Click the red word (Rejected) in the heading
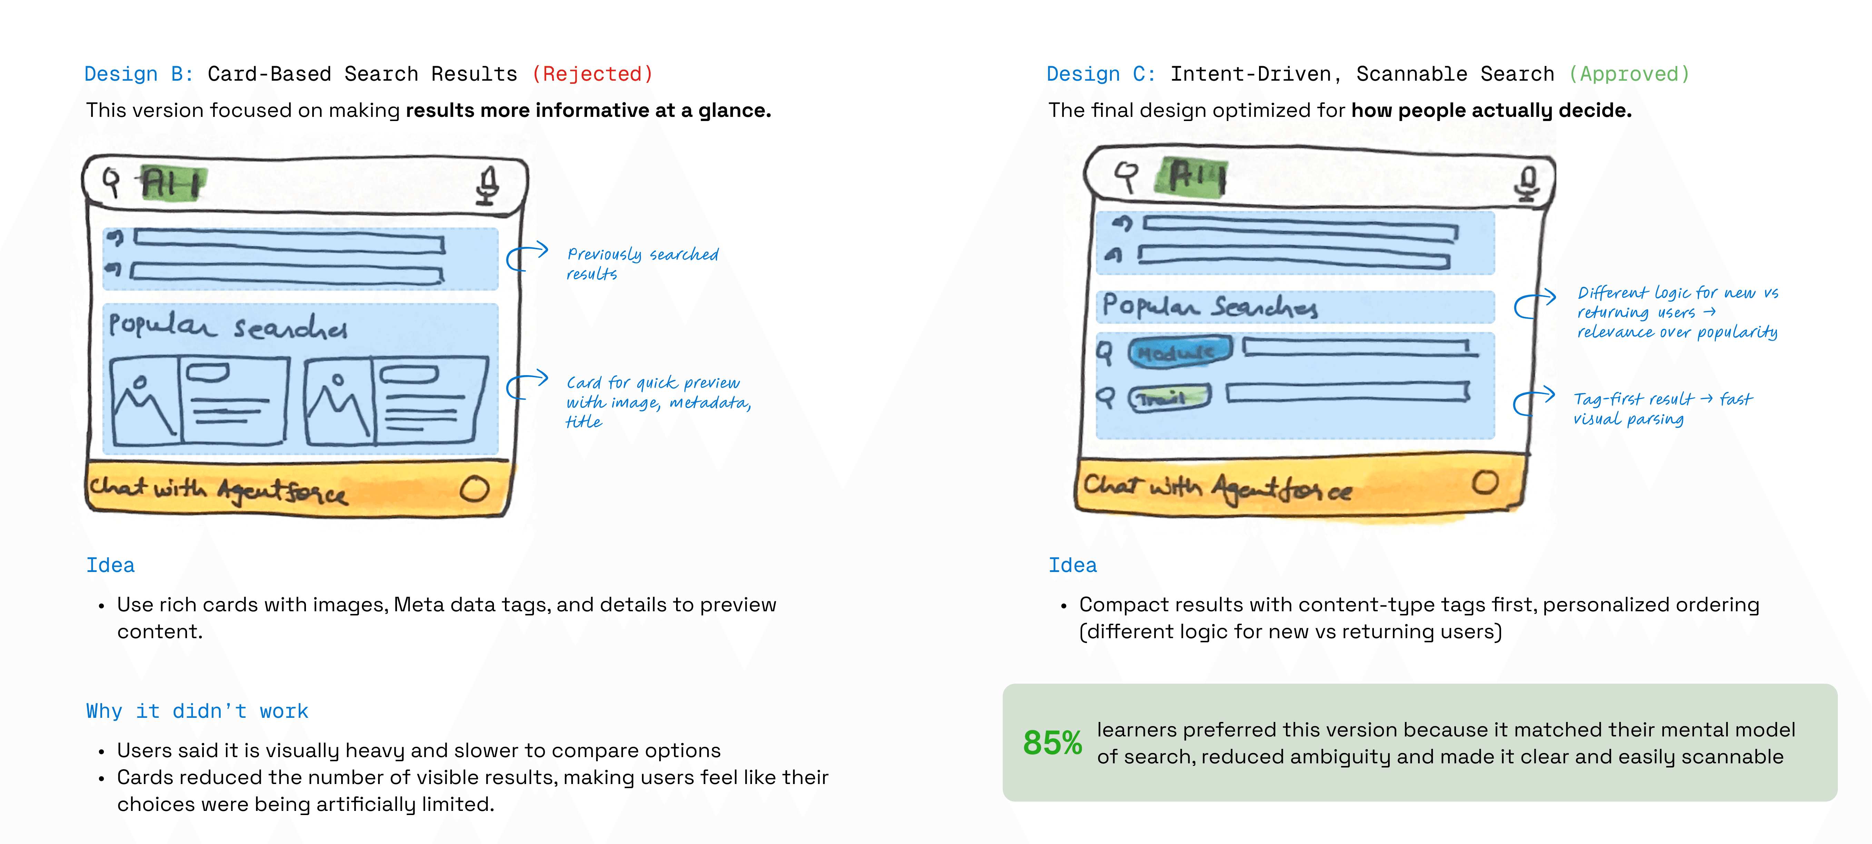pyautogui.click(x=592, y=74)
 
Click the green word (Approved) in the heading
pyautogui.click(x=1628, y=74)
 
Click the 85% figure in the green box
pyautogui.click(x=1051, y=742)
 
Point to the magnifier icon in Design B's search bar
pyautogui.click(x=111, y=182)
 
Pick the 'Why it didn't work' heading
pyautogui.click(x=197, y=711)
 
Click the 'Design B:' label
pyautogui.click(x=138, y=74)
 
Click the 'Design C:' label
pyautogui.click(x=1100, y=74)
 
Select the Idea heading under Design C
pyautogui.click(x=1072, y=565)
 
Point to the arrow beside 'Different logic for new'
pyautogui.click(x=1534, y=304)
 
